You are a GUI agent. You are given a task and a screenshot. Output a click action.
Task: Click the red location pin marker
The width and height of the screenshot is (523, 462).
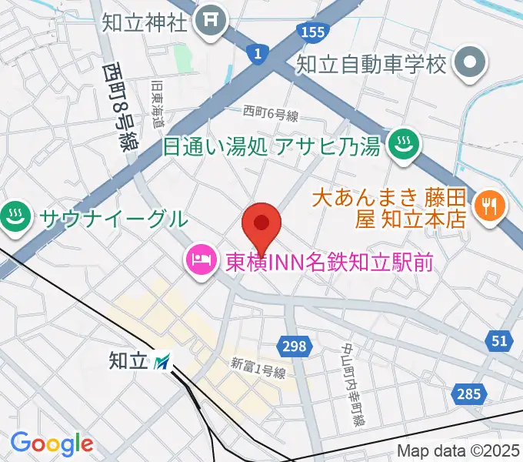pyautogui.click(x=261, y=224)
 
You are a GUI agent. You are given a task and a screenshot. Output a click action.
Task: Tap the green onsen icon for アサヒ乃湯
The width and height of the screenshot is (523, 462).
pyautogui.click(x=401, y=146)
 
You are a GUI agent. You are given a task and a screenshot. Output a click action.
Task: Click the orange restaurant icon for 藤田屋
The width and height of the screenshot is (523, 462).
pyautogui.click(x=489, y=206)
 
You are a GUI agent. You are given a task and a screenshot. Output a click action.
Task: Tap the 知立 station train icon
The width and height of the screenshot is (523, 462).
pyautogui.click(x=162, y=360)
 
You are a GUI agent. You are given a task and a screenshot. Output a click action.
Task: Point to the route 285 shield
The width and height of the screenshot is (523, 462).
pyautogui.click(x=467, y=394)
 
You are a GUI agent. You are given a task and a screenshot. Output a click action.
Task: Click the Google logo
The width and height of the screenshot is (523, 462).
pyautogui.click(x=52, y=444)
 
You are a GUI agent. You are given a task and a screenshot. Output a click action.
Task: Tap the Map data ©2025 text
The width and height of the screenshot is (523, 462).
pyautogui.click(x=458, y=450)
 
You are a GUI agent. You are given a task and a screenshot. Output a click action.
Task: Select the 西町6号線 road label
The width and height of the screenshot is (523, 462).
pyautogui.click(x=271, y=114)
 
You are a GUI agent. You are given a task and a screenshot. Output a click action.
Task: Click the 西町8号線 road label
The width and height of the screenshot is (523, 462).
pyautogui.click(x=118, y=106)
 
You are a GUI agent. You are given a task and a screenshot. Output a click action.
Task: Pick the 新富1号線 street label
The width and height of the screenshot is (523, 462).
pyautogui.click(x=258, y=368)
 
